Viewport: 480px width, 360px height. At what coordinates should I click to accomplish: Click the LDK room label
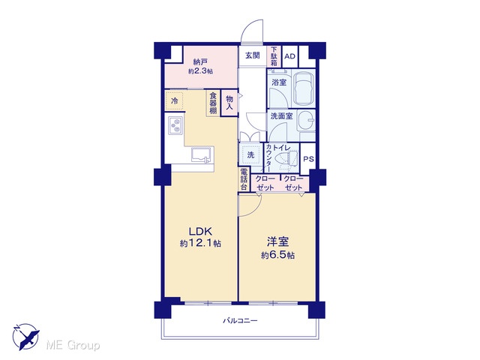pos(200,237)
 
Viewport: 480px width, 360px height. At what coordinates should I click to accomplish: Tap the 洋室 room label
pos(277,247)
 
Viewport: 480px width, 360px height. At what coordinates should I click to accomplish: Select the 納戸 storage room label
pos(200,67)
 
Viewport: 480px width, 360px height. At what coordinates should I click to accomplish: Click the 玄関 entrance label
pos(253,55)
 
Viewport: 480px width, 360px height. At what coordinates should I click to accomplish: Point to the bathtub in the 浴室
pos(303,88)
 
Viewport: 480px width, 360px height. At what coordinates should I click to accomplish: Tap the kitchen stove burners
pos(175,125)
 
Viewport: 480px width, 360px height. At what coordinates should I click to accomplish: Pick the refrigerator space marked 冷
pos(175,100)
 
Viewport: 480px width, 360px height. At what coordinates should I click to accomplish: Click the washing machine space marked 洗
pos(250,155)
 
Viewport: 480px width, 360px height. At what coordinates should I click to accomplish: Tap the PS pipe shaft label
pos(308,159)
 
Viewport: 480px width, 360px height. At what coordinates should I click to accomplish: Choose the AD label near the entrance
pos(289,56)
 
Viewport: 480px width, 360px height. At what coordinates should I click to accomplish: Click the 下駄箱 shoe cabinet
pos(274,56)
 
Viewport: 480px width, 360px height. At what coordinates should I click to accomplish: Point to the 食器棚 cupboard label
pos(213,103)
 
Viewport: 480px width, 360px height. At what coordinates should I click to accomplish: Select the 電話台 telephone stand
pos(244,179)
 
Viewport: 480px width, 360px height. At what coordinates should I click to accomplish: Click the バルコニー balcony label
pos(240,321)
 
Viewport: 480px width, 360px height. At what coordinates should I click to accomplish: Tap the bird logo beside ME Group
pos(26,336)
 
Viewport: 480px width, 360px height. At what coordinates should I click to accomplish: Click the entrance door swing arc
pos(248,26)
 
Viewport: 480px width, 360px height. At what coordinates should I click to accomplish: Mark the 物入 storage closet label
pos(229,103)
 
